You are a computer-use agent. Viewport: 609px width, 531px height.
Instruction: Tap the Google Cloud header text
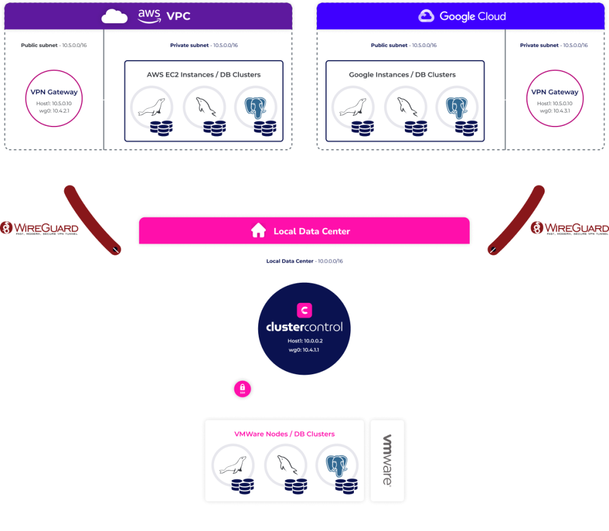click(472, 16)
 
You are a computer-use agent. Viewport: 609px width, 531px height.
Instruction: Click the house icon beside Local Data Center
click(258, 231)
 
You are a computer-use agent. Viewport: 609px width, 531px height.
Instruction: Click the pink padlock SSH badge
click(243, 388)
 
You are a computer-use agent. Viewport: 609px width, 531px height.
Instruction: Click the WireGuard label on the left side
click(39, 227)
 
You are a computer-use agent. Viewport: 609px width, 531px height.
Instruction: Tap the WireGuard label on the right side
click(569, 227)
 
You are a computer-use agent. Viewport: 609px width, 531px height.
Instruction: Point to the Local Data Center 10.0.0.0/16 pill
click(304, 261)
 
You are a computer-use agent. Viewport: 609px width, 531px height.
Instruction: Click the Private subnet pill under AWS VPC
click(203, 45)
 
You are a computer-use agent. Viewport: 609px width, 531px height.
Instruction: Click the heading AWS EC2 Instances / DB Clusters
click(203, 75)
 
